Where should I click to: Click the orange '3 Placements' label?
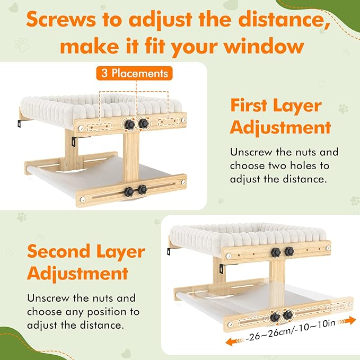point(134,73)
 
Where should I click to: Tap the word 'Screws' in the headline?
point(61,20)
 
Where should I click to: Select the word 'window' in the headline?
point(264,46)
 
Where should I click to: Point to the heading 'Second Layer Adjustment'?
point(86,262)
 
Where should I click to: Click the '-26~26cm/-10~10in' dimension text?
point(291,330)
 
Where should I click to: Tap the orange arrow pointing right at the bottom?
point(347,321)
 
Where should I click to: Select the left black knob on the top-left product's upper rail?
point(129,125)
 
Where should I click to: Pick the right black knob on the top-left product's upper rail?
point(144,124)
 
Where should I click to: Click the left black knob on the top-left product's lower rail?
point(128,192)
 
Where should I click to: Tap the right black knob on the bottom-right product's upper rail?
point(289,251)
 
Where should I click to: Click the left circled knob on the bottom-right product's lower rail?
point(275,317)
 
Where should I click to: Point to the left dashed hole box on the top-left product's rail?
point(100,127)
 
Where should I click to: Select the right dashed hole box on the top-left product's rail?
point(168,121)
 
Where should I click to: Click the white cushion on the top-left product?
point(101,108)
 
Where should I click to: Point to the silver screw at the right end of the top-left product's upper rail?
point(183,120)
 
